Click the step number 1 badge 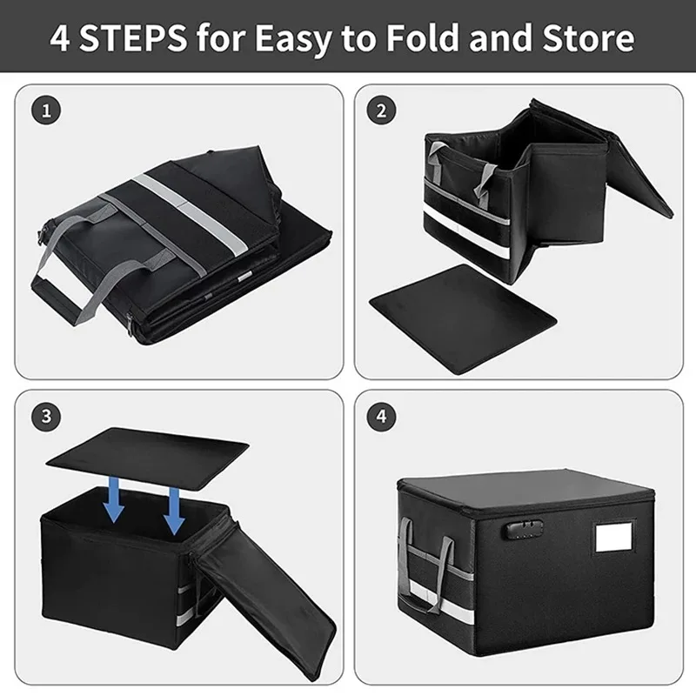click(45, 111)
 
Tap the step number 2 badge click(380, 111)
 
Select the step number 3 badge click(45, 415)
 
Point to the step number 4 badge click(380, 415)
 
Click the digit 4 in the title click(61, 39)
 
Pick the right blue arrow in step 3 click(174, 510)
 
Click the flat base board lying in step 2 click(461, 318)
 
